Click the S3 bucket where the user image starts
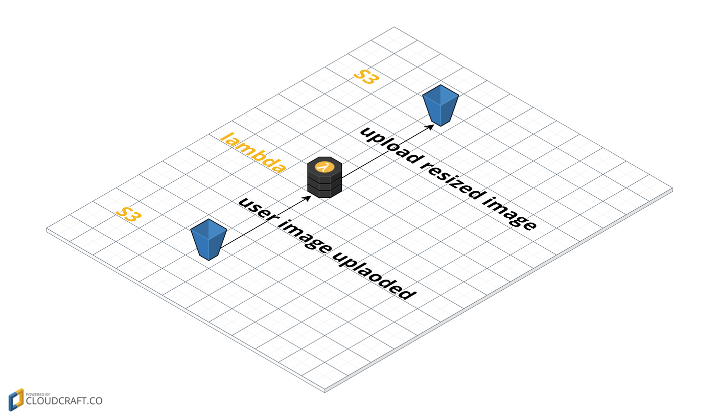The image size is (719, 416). tap(209, 239)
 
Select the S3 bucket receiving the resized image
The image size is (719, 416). tap(440, 105)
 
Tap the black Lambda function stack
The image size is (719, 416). tap(325, 178)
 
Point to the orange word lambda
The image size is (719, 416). tap(253, 152)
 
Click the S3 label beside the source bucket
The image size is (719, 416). tap(129, 215)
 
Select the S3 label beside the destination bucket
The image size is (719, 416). tap(366, 77)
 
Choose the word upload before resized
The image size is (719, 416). tap(388, 145)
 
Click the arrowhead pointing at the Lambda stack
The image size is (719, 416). tap(308, 198)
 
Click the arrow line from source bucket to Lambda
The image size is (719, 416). tap(265, 223)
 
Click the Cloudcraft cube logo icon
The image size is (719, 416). tap(15, 400)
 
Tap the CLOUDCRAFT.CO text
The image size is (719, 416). tap(64, 401)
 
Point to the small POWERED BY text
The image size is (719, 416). tap(37, 394)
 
